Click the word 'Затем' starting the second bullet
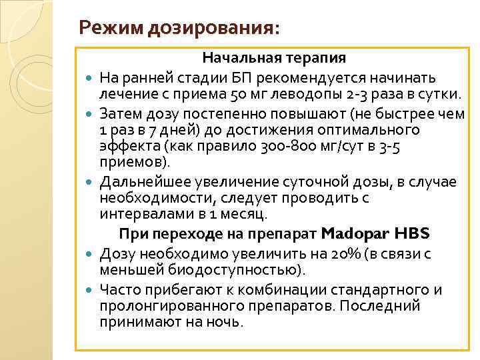click(119, 113)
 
